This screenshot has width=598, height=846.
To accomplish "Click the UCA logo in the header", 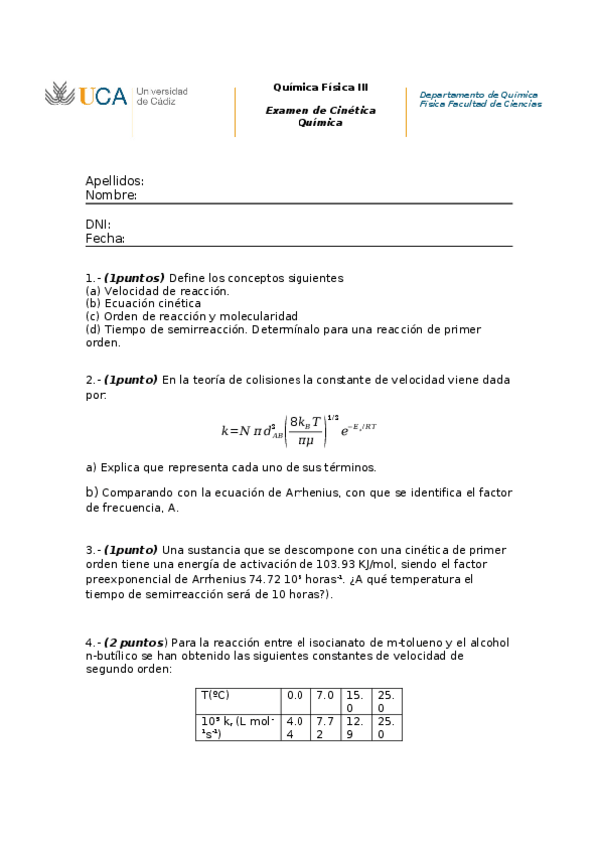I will click(87, 96).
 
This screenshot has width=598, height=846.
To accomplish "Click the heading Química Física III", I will click(320, 87).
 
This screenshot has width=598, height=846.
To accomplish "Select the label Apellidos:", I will click(114, 181).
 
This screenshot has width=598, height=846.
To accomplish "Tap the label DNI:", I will click(98, 224).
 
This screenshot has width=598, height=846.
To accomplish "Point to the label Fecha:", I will click(105, 239).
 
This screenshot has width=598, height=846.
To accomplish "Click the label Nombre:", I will click(111, 196).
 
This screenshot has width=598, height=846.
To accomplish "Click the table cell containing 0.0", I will click(295, 695).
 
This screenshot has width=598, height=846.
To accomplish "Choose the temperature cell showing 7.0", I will click(324, 695).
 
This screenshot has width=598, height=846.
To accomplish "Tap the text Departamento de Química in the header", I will click(478, 94).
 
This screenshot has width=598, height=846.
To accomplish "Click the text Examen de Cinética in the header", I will click(320, 110).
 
